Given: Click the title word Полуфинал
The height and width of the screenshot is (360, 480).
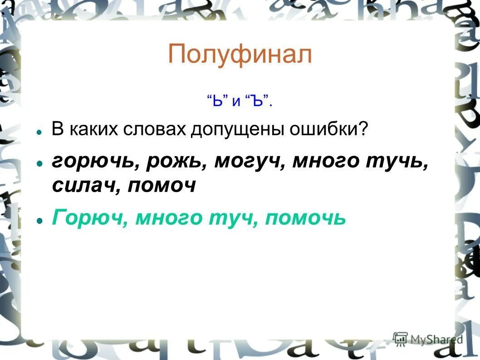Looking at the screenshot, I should click(x=240, y=55).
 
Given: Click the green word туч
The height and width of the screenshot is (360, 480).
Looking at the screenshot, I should click(x=232, y=219).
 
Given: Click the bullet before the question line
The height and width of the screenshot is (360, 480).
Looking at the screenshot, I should click(x=40, y=132).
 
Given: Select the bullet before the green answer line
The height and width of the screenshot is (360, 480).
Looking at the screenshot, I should click(x=40, y=220).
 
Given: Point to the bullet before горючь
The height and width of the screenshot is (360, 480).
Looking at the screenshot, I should click(x=40, y=163).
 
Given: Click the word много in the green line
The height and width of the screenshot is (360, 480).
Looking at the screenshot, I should click(x=169, y=219).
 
